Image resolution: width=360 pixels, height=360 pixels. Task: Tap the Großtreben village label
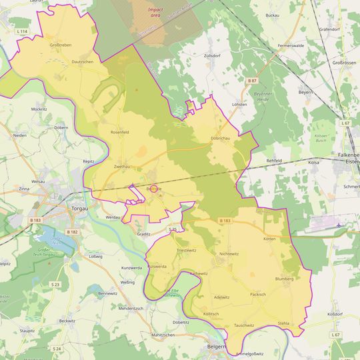pyautogui.click(x=61, y=45)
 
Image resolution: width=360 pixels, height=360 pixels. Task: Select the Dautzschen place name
pyautogui.click(x=82, y=61)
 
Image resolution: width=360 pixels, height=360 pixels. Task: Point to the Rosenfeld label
pyautogui.click(x=119, y=131)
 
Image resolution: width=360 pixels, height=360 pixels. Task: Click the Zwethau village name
pyautogui.click(x=123, y=166)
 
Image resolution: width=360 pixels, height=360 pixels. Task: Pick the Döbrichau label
pyautogui.click(x=220, y=138)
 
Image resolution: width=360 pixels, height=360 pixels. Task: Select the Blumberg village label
pyautogui.click(x=284, y=279)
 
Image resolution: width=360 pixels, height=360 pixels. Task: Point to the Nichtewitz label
pyautogui.click(x=229, y=254)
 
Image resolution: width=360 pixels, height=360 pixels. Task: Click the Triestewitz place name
pyautogui.click(x=186, y=250)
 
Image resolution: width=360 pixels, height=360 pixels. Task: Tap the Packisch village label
pyautogui.click(x=258, y=294)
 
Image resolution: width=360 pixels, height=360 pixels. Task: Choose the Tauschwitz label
pyautogui.click(x=243, y=325)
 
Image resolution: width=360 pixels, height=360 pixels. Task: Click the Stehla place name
pyautogui.click(x=283, y=323)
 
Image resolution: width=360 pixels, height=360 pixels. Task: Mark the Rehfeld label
pyautogui.click(x=274, y=161)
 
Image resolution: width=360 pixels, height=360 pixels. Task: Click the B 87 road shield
pyautogui.click(x=252, y=80)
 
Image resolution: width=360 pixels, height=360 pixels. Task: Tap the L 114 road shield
pyautogui.click(x=22, y=31)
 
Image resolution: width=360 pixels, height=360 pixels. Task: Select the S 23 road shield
pyautogui.click(x=55, y=284)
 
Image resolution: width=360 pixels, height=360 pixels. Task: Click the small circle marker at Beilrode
pyautogui.click(x=153, y=189)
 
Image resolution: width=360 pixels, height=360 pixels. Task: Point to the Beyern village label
pyautogui.click(x=305, y=91)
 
